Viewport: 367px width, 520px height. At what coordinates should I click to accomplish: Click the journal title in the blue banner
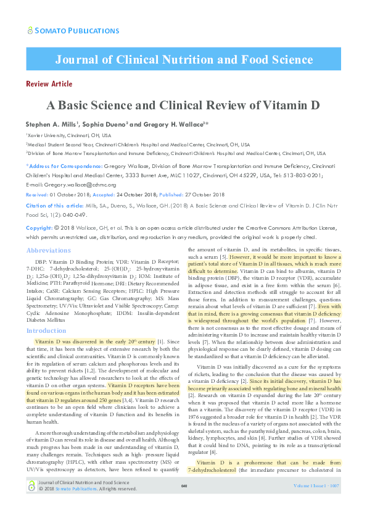coord(183,60)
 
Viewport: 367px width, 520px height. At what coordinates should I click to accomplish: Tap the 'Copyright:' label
coord(39,228)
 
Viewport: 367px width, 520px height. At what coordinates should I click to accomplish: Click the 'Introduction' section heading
coord(47,331)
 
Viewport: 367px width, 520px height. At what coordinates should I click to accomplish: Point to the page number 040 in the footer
coord(183,504)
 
